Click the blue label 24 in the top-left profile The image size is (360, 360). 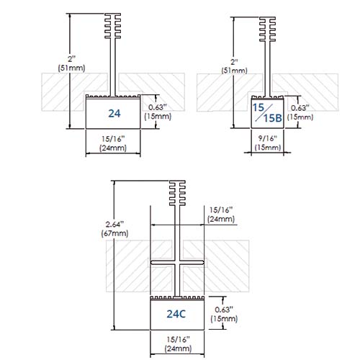pos(114,114)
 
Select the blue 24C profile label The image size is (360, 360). pos(176,314)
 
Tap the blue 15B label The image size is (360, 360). pos(273,118)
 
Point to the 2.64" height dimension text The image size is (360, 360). pos(114,224)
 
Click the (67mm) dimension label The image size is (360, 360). pos(114,233)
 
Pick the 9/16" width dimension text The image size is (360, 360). pos(268,138)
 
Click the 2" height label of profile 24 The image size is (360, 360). pos(71,58)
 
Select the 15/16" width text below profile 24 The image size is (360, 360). pos(113,139)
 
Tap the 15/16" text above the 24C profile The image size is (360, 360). pos(221,210)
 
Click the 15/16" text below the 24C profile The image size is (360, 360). pos(178,339)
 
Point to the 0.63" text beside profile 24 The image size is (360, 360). pos(158,107)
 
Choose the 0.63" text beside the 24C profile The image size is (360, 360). pos(224,310)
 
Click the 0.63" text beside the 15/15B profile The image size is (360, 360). pos(300,108)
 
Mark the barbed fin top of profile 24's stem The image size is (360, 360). pos(113,26)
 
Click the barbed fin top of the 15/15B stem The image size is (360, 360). pos(267,29)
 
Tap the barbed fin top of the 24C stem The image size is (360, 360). pos(177,193)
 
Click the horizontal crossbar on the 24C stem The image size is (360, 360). pos(177,263)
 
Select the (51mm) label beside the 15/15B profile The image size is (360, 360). pos(234,71)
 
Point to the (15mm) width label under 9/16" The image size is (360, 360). pos(268,147)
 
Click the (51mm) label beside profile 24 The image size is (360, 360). pos(71,68)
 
